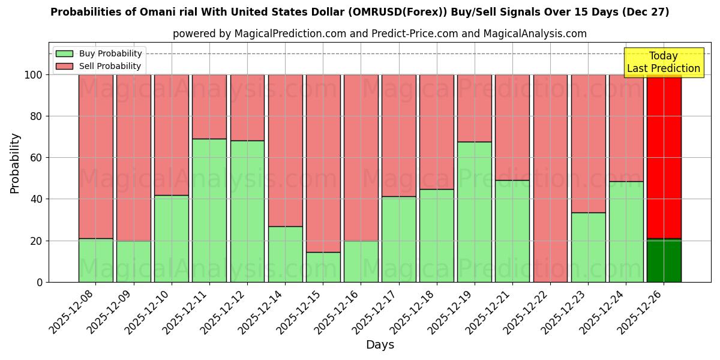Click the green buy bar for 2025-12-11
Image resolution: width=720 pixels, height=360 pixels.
tap(209, 210)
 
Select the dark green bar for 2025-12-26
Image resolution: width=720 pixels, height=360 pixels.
tap(664, 260)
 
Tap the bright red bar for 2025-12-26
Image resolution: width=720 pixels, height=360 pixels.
tap(664, 156)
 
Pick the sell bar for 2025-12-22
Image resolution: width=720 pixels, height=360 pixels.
tap(550, 178)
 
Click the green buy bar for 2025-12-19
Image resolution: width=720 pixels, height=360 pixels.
tap(474, 212)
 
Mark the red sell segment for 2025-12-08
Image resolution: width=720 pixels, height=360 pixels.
tap(96, 156)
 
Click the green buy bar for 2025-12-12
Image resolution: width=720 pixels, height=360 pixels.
tap(247, 211)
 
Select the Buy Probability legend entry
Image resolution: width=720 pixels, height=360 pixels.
tap(99, 54)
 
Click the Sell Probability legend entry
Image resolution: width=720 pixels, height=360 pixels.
tap(99, 67)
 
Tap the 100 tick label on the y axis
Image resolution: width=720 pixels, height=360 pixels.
tap(33, 75)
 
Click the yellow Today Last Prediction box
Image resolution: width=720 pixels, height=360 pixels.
tap(663, 62)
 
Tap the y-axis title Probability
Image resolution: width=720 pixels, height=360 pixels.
tap(15, 163)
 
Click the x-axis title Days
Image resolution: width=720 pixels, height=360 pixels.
tap(380, 345)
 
